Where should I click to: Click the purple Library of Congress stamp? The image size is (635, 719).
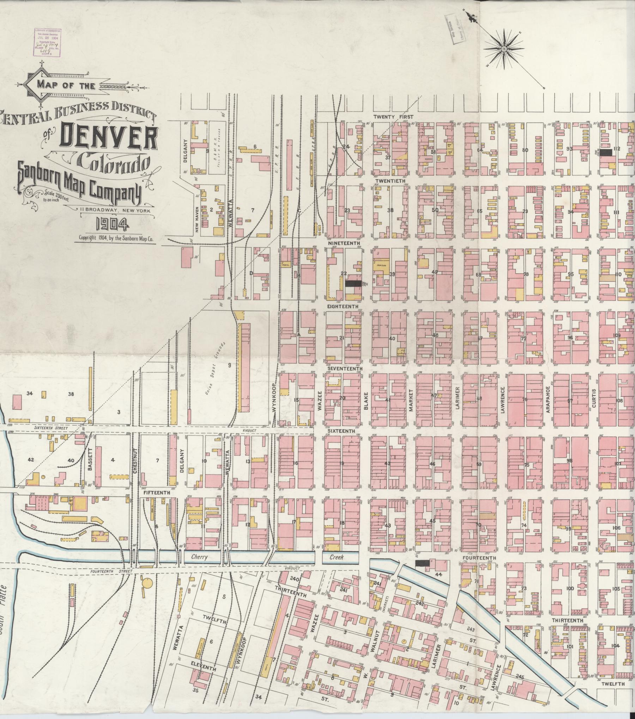point(48,42)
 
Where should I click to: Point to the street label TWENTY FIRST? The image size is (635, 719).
point(393,116)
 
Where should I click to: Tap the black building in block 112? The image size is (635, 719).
point(607,152)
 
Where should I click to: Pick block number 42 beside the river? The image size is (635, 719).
point(31,460)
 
